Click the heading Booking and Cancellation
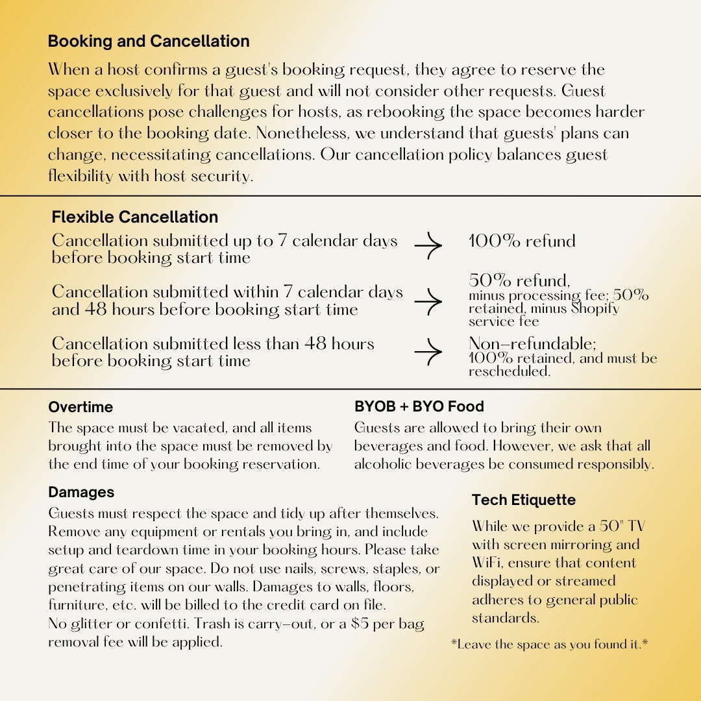[x=149, y=42]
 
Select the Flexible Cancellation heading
[x=135, y=217]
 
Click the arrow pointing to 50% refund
[x=428, y=301]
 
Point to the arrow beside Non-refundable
[x=428, y=352]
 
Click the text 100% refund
[x=522, y=241]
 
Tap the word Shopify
[x=595, y=308]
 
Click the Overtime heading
[x=80, y=407]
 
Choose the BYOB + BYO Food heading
[x=419, y=407]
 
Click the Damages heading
[x=81, y=493]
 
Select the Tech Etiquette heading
[x=524, y=500]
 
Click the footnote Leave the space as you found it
[x=550, y=645]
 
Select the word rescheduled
[x=509, y=372]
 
